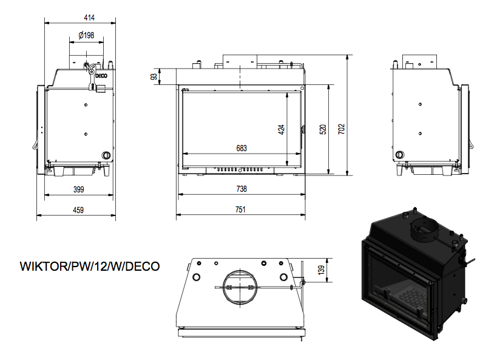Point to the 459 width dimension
[x=78, y=210]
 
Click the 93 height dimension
[x=154, y=76]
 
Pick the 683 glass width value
[x=242, y=148]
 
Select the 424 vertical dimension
[x=282, y=129]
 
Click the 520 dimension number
[x=323, y=129]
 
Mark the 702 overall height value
[x=342, y=129]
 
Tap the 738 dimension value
[x=242, y=189]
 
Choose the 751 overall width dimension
[x=241, y=210]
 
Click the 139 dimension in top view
[x=322, y=269]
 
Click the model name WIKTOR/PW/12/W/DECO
[x=90, y=267]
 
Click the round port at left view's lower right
[x=106, y=155]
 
